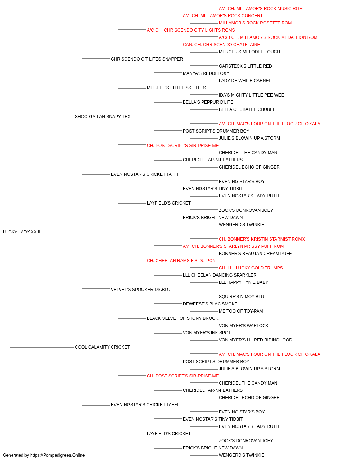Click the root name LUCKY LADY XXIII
click(21, 232)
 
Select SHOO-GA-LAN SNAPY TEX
click(103, 116)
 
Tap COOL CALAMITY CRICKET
click(102, 347)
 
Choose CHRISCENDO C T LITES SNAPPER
click(147, 59)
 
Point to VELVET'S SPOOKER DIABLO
click(140, 289)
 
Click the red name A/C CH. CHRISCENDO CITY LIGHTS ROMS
click(191, 30)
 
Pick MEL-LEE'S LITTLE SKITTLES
click(176, 88)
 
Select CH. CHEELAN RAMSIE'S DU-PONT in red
click(183, 260)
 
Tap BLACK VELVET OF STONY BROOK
click(183, 318)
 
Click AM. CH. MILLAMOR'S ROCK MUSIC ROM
click(261, 9)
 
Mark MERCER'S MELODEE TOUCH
click(249, 52)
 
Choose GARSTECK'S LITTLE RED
click(245, 66)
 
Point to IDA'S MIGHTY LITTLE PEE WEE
click(251, 95)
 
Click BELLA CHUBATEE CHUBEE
click(247, 109)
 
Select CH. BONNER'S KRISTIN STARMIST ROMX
click(262, 239)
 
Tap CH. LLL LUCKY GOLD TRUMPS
click(251, 268)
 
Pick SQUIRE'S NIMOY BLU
click(241, 296)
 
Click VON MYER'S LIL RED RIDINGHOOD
click(256, 340)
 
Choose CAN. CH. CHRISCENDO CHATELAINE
click(221, 45)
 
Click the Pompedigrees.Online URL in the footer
click(58, 455)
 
